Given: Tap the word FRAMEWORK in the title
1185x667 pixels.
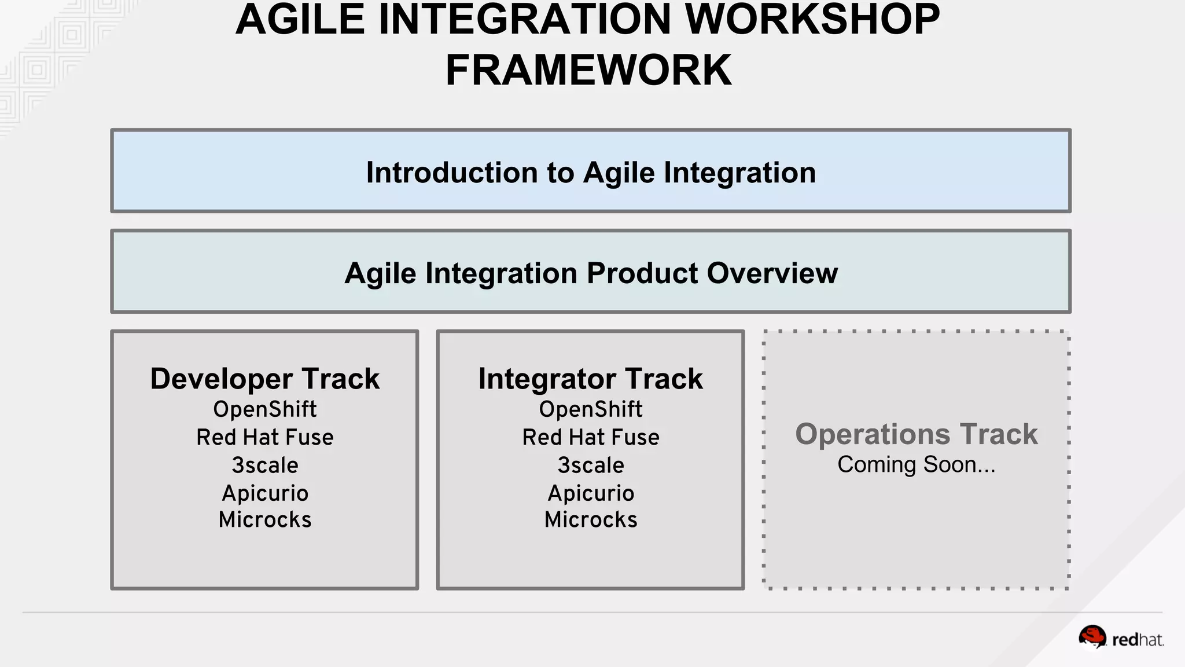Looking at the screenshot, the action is pyautogui.click(x=588, y=70).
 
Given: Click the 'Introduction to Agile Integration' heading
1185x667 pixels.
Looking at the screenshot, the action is pyautogui.click(x=591, y=173).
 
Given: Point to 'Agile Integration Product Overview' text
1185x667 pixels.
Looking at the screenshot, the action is pyautogui.click(x=591, y=273).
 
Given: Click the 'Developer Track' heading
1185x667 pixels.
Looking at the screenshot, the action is pyautogui.click(x=265, y=379).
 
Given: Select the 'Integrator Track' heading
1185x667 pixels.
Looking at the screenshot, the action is pyautogui.click(x=590, y=379).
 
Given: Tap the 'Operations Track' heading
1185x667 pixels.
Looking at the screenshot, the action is pyautogui.click(x=916, y=434).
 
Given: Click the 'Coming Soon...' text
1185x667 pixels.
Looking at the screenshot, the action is pyautogui.click(x=916, y=464).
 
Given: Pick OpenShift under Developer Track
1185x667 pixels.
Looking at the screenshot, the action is pyautogui.click(x=265, y=409).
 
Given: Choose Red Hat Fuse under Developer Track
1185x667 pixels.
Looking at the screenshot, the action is pyautogui.click(x=265, y=437).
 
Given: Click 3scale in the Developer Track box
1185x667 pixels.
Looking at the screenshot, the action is pyautogui.click(x=265, y=465).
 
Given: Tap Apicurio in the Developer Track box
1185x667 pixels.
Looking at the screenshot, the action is pyautogui.click(x=265, y=493).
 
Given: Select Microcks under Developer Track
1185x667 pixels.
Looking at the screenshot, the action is pyautogui.click(x=265, y=519).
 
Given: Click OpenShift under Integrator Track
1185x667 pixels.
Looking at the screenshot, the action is pyautogui.click(x=590, y=409).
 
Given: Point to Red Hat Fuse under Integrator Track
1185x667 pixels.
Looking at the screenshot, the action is pyautogui.click(x=590, y=437).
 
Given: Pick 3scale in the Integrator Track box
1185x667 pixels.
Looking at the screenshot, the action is pyautogui.click(x=590, y=465).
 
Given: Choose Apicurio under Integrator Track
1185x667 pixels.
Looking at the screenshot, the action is pyautogui.click(x=590, y=493).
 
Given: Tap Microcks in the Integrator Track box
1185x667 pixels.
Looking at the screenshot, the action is pyautogui.click(x=590, y=519).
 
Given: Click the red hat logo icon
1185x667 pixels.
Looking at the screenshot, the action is pyautogui.click(x=1092, y=637).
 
